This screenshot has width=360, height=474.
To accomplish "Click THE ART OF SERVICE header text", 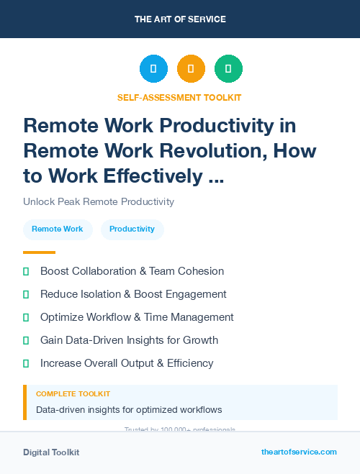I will (180, 19).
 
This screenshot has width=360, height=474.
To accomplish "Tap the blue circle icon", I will (153, 69).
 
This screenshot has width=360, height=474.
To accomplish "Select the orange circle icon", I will (191, 69).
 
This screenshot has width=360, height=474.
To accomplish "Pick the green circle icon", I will (228, 69).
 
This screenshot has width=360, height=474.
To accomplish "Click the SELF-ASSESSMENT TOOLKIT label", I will (180, 97).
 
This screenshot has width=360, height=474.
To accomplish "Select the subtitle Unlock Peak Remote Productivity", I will (99, 201).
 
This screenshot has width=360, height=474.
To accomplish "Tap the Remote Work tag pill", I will (58, 229).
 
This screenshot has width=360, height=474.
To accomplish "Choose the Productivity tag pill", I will (132, 229).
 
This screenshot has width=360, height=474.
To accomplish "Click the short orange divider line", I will (39, 252).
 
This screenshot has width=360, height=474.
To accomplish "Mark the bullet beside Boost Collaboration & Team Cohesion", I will (26, 271).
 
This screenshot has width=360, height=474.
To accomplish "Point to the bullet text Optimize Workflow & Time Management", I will (137, 317).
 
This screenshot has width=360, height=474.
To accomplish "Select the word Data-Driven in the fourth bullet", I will (95, 340).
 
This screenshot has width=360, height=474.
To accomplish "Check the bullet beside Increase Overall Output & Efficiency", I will (26, 363).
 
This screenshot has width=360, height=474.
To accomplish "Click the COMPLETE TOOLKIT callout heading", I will (73, 394).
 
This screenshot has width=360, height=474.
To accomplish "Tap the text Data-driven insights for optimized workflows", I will (129, 410).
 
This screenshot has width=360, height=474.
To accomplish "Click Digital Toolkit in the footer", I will (51, 452).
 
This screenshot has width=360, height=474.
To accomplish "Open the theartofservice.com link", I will (299, 452).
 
